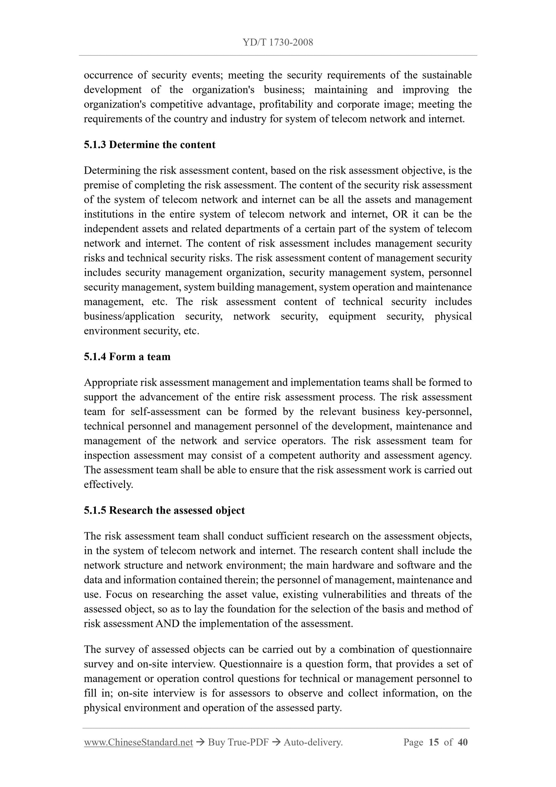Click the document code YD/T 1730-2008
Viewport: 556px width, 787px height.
tap(278, 43)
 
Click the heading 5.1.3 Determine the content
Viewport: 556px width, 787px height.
tap(149, 145)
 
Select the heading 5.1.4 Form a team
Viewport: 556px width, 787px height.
tap(127, 356)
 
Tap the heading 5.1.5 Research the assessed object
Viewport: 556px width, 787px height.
tap(164, 510)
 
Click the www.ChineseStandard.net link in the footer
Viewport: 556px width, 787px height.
tap(138, 742)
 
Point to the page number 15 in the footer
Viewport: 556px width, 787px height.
tap(433, 742)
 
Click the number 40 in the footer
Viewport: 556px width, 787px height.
tap(463, 742)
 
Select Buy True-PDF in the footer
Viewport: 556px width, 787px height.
tap(238, 742)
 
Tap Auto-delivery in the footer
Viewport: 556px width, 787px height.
tap(313, 742)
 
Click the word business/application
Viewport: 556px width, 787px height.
tap(129, 316)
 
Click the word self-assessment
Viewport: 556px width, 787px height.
tap(165, 411)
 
